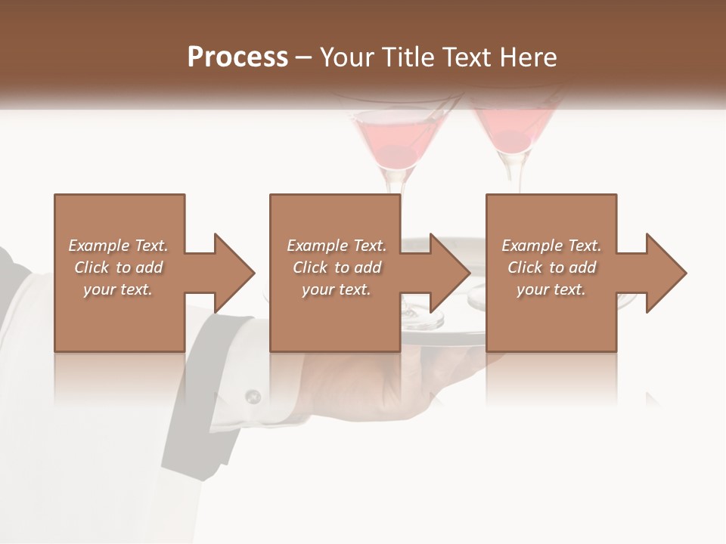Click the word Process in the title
point(237,57)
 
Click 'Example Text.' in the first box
point(118,246)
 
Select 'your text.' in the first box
point(118,289)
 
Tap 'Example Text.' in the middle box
point(337,246)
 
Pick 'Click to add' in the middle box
point(337,267)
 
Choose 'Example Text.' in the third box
point(551,246)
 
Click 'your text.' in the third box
point(551,289)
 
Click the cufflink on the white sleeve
point(253,395)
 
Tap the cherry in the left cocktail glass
point(392,154)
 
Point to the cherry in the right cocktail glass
point(511,141)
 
